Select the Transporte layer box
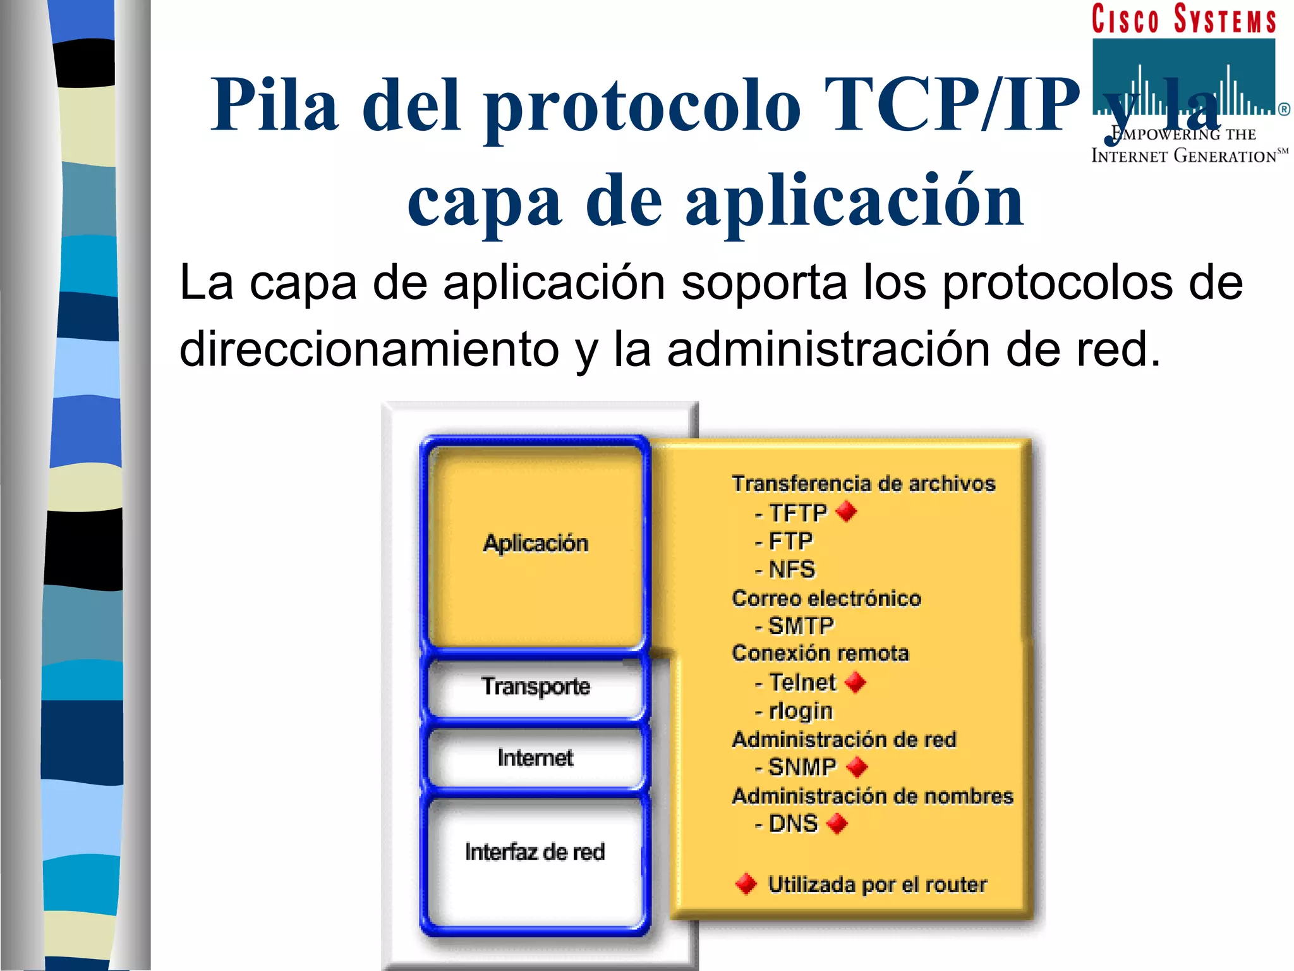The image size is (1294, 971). click(535, 687)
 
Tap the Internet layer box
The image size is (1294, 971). click(535, 757)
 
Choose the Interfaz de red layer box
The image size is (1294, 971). click(535, 853)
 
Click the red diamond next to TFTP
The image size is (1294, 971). click(847, 511)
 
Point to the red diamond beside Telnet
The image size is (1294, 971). click(856, 683)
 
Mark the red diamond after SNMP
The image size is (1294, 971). click(857, 767)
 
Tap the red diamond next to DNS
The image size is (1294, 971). click(837, 824)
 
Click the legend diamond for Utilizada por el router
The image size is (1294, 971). click(746, 884)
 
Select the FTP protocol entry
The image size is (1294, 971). click(790, 541)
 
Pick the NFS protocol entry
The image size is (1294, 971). click(791, 570)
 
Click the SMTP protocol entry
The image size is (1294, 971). click(801, 626)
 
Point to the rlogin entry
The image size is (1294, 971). click(800, 711)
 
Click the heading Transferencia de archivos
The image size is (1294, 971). click(864, 484)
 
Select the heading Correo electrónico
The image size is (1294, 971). click(826, 598)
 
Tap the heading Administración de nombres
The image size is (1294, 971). click(873, 796)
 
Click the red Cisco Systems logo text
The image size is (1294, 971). click(1183, 19)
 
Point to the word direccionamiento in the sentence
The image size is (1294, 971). click(369, 350)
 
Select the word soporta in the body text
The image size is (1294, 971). click(764, 282)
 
